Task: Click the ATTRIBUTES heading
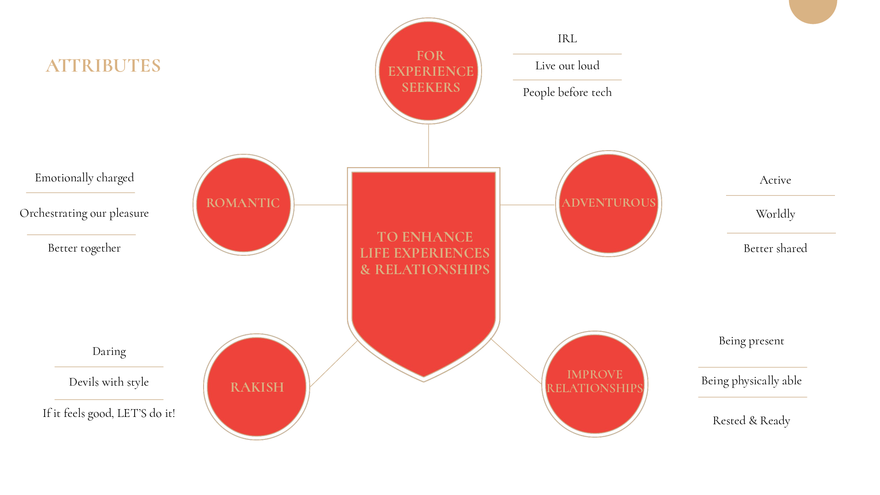pyautogui.click(x=103, y=66)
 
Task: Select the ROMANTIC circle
pyautogui.click(x=243, y=205)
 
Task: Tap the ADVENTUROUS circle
pyautogui.click(x=608, y=203)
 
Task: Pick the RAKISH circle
pyautogui.click(x=256, y=387)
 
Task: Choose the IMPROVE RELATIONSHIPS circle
pyautogui.click(x=595, y=384)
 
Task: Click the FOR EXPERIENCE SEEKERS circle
pyautogui.click(x=428, y=71)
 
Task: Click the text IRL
pyautogui.click(x=567, y=39)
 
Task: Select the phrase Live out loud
pyautogui.click(x=567, y=66)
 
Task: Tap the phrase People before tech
pyautogui.click(x=567, y=92)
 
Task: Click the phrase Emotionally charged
pyautogui.click(x=85, y=178)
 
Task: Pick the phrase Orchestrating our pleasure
pyautogui.click(x=84, y=213)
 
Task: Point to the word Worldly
pyautogui.click(x=775, y=214)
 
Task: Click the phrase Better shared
pyautogui.click(x=775, y=248)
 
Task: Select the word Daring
pyautogui.click(x=109, y=351)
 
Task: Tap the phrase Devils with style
pyautogui.click(x=109, y=382)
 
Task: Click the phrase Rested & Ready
pyautogui.click(x=751, y=421)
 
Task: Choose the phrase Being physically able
pyautogui.click(x=751, y=381)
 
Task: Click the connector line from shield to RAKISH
pyautogui.click(x=334, y=364)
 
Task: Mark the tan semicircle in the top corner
pyautogui.click(x=812, y=10)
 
